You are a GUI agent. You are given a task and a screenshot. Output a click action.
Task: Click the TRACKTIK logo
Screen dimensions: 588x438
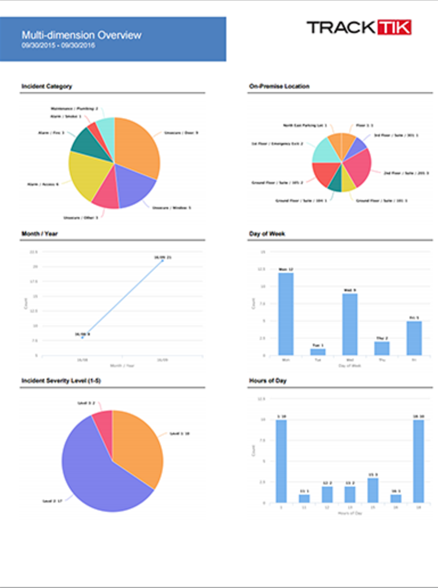(358, 27)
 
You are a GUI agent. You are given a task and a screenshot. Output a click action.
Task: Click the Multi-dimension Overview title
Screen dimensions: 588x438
(81, 35)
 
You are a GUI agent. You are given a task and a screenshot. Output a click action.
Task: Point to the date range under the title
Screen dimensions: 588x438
(58, 45)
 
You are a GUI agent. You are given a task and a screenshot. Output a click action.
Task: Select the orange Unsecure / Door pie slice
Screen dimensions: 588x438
(137, 145)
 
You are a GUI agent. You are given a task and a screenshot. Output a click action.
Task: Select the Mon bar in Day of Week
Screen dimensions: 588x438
(286, 314)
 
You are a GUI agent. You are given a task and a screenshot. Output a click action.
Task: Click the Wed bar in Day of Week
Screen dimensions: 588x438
(350, 324)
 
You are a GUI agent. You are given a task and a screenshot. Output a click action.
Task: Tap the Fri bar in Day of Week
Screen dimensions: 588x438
(414, 338)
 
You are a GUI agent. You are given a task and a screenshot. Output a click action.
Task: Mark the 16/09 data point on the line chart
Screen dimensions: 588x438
(163, 261)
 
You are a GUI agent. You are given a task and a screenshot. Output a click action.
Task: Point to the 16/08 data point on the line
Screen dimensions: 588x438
(82, 338)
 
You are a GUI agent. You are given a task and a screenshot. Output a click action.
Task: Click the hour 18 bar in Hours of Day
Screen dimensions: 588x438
(418, 461)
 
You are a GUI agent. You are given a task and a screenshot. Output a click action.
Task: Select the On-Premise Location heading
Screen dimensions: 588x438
(279, 86)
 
